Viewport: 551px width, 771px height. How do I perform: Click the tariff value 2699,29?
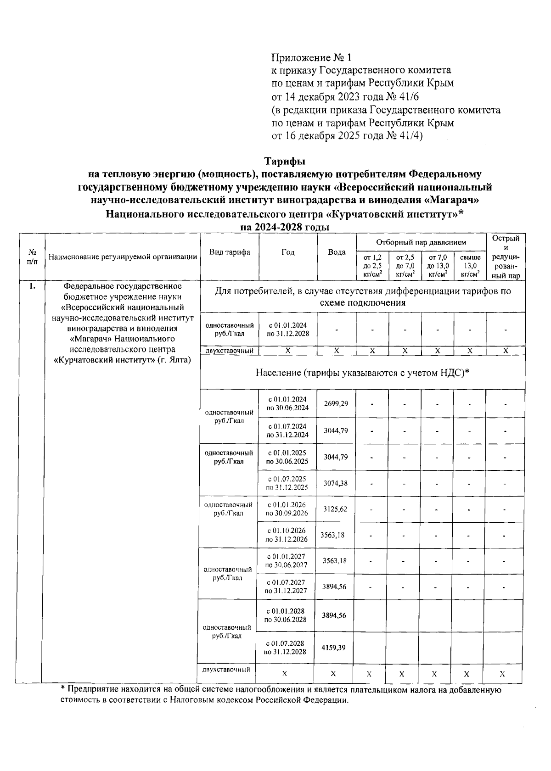pos(336,404)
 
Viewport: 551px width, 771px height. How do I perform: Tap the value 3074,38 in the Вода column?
pos(336,483)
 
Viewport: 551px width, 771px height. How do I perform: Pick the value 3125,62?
pos(335,509)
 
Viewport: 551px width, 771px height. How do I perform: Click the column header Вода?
pos(337,252)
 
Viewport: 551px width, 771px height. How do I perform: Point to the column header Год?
pos(288,252)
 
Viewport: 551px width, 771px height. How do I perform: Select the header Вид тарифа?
pos(230,252)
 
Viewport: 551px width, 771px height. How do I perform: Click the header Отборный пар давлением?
pos(421,242)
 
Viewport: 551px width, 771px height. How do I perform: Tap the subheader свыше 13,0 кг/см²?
pos(470,266)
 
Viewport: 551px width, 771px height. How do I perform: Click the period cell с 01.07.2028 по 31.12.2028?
pos(285,648)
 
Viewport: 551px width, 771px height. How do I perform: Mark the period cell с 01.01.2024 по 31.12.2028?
pos(288,329)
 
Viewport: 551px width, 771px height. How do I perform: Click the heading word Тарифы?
pos(284,162)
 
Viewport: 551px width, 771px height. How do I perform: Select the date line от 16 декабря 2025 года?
pos(347,136)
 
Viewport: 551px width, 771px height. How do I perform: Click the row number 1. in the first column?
pos(32,286)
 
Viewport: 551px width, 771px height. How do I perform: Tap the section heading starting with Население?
pos(362,373)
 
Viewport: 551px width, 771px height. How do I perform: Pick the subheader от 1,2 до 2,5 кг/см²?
pos(372,266)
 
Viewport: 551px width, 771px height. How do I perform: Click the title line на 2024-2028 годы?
pos(284,227)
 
